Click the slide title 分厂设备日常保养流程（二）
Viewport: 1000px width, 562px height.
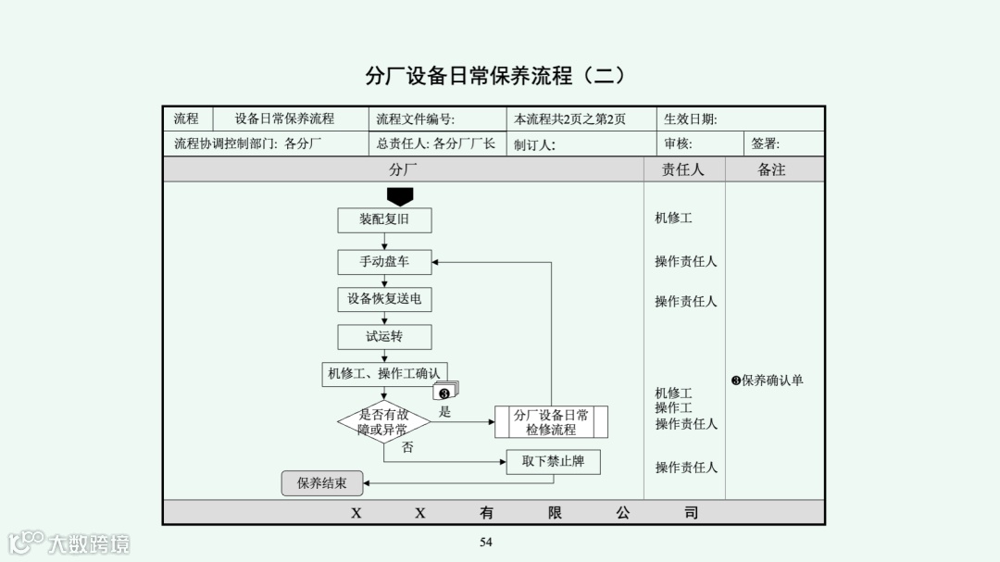495,76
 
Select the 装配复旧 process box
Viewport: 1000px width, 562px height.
384,220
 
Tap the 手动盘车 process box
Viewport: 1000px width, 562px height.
384,262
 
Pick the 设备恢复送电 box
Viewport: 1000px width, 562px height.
384,299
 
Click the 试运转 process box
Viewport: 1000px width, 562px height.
384,336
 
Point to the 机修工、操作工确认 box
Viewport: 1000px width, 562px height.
384,374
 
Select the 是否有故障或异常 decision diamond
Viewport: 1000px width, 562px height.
383,422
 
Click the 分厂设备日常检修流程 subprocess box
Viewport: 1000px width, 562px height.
551,422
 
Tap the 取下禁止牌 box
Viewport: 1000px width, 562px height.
553,461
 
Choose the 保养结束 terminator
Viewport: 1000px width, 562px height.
322,482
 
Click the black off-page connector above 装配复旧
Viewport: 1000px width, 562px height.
400,196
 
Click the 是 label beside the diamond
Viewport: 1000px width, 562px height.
444,412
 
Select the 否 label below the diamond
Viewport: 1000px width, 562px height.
407,447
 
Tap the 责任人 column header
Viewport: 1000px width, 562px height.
683,169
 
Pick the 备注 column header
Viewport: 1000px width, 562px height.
771,169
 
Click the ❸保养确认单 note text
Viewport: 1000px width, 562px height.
768,381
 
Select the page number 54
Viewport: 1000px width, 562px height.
486,543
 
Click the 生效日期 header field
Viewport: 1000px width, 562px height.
691,119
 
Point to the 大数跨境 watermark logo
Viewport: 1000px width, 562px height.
69,543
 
